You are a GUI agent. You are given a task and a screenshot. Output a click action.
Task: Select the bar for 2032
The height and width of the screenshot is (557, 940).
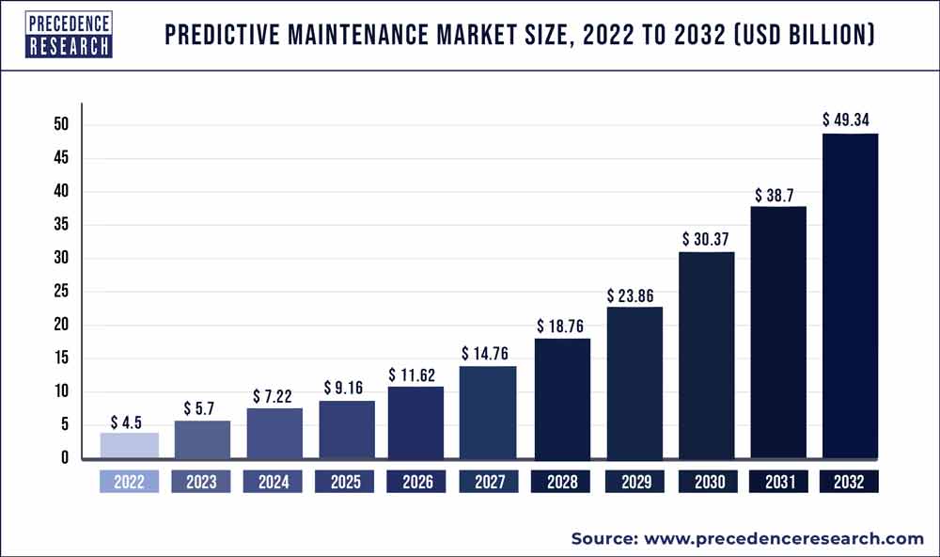click(x=850, y=296)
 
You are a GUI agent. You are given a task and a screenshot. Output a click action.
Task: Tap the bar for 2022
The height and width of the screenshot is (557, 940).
click(x=129, y=446)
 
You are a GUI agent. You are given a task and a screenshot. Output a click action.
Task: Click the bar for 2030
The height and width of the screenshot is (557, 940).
click(x=706, y=356)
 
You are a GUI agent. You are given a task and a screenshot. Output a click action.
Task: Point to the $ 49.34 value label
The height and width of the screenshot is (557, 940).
click(x=850, y=120)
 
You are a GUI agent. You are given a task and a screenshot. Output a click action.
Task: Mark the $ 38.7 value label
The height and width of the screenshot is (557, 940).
click(x=777, y=196)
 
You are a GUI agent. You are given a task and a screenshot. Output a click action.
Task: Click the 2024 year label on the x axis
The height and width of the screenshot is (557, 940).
click(x=273, y=483)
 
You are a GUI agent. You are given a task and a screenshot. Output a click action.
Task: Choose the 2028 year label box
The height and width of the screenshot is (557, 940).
click(x=561, y=483)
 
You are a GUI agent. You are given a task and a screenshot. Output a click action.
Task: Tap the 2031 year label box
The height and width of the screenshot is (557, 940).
click(x=777, y=483)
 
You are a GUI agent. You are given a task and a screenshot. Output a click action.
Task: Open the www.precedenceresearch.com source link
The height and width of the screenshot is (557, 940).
click(x=784, y=539)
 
